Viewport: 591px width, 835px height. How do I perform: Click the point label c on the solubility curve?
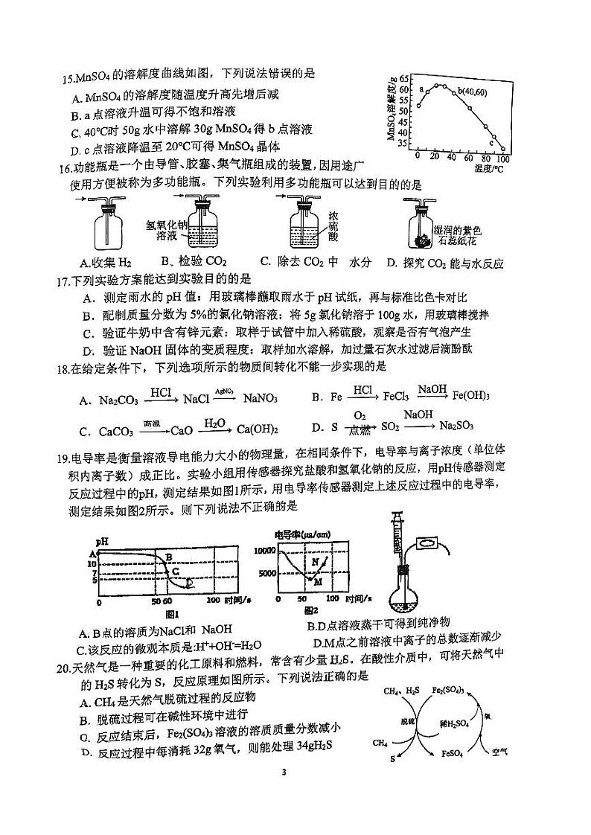click(x=491, y=142)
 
